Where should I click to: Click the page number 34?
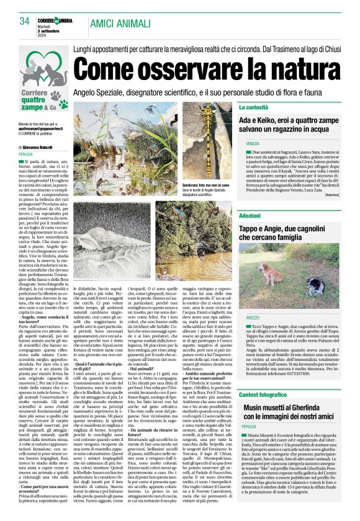(25, 21)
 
